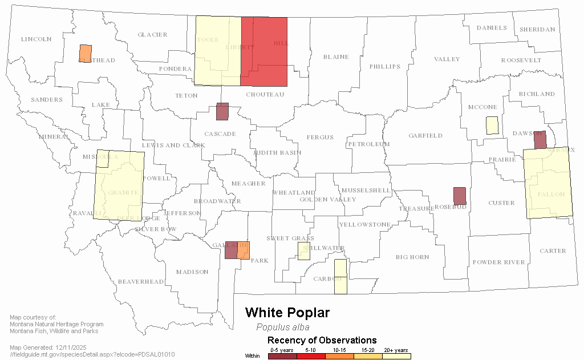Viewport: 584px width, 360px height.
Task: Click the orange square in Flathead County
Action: pos(85,53)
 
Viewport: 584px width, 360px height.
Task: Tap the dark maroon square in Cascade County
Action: pos(222,111)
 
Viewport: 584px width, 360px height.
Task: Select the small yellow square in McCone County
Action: pos(492,126)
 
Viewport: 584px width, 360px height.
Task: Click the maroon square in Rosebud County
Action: pos(460,196)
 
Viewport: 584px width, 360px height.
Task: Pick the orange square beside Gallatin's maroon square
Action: pos(244,250)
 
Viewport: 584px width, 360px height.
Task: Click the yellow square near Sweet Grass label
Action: pos(304,251)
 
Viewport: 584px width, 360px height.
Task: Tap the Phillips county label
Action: pos(385,66)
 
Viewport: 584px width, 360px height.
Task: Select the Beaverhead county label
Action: pos(141,281)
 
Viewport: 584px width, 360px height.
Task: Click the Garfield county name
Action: pos(425,136)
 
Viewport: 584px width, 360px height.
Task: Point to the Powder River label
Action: pos(498,262)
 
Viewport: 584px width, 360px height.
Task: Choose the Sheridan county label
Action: pos(537,30)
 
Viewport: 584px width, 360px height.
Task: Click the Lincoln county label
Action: pos(36,39)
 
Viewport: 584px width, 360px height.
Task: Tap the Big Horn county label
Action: pos(412,257)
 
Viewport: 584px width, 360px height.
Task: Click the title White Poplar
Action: pos(287,313)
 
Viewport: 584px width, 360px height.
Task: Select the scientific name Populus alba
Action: pos(283,327)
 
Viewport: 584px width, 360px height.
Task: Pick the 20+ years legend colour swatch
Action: pos(396,356)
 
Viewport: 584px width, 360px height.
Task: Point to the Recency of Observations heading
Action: pos(322,341)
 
